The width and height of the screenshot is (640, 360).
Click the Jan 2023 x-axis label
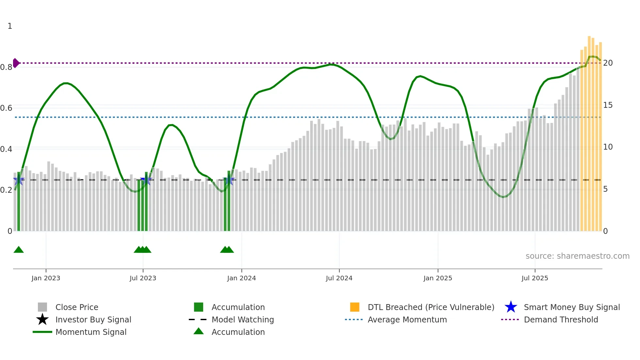(x=46, y=278)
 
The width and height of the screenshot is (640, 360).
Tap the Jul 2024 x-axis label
(x=339, y=278)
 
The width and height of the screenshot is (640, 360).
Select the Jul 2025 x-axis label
(x=535, y=278)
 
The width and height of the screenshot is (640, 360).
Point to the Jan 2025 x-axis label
(x=438, y=278)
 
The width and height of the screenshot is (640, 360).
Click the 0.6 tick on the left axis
(x=6, y=108)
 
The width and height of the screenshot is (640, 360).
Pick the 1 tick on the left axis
(x=10, y=26)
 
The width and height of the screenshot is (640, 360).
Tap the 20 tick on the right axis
(x=608, y=63)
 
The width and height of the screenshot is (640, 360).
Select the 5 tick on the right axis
(x=605, y=189)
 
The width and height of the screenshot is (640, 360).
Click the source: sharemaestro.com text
(x=577, y=256)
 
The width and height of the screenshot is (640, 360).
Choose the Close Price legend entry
(x=77, y=307)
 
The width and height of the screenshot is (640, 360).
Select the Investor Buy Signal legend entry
(x=93, y=319)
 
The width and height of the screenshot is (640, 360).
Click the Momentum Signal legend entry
(x=91, y=332)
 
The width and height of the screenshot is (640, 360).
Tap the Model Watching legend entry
(x=243, y=319)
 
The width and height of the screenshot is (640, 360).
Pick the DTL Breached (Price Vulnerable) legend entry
(x=431, y=307)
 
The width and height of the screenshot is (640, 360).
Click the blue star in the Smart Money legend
(x=511, y=307)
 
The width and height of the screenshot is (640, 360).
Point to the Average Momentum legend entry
(x=407, y=319)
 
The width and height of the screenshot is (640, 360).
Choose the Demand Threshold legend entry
(x=561, y=319)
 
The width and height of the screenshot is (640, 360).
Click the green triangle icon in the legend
(x=199, y=332)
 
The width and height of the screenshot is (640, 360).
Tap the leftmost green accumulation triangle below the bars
(x=19, y=250)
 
